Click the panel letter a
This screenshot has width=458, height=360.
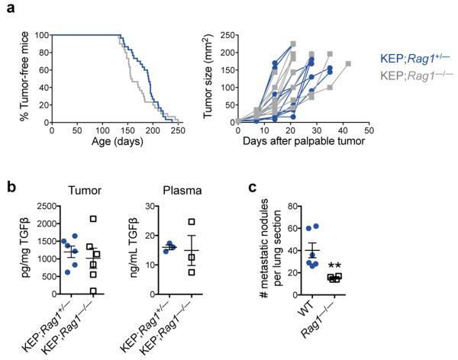[7, 7]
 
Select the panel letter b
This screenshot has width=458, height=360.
[7, 188]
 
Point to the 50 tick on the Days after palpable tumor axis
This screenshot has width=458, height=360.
[368, 130]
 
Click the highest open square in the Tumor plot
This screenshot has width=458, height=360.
[93, 219]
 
